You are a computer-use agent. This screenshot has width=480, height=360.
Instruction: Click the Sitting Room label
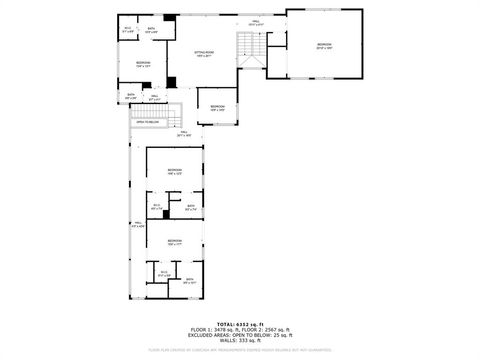[203, 54]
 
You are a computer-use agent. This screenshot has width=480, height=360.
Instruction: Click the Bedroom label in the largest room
[324, 45]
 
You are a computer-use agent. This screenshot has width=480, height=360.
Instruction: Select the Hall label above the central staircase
[255, 22]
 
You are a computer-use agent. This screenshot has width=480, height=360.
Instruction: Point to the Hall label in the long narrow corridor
[138, 223]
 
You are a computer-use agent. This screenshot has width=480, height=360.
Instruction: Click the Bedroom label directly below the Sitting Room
[217, 107]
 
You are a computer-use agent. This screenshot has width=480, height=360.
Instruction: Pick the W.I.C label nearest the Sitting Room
[127, 30]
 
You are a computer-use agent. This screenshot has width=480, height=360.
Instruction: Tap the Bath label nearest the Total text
[189, 281]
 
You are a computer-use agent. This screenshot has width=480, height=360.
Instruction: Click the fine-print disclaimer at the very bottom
[240, 350]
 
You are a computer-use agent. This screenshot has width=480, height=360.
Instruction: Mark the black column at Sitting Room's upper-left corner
[170, 19]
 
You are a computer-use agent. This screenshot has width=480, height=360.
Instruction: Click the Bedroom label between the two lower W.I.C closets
[175, 240]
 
